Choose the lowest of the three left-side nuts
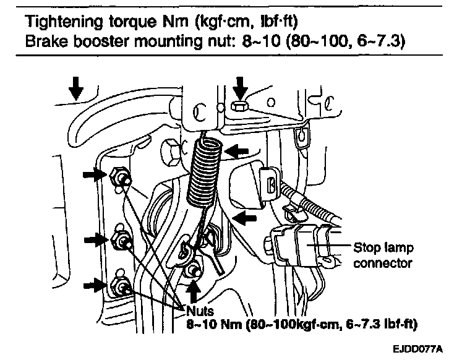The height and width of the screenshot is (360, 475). click(121, 286)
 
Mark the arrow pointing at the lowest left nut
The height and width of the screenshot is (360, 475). click(96, 285)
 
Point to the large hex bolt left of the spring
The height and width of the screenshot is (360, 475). click(169, 148)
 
